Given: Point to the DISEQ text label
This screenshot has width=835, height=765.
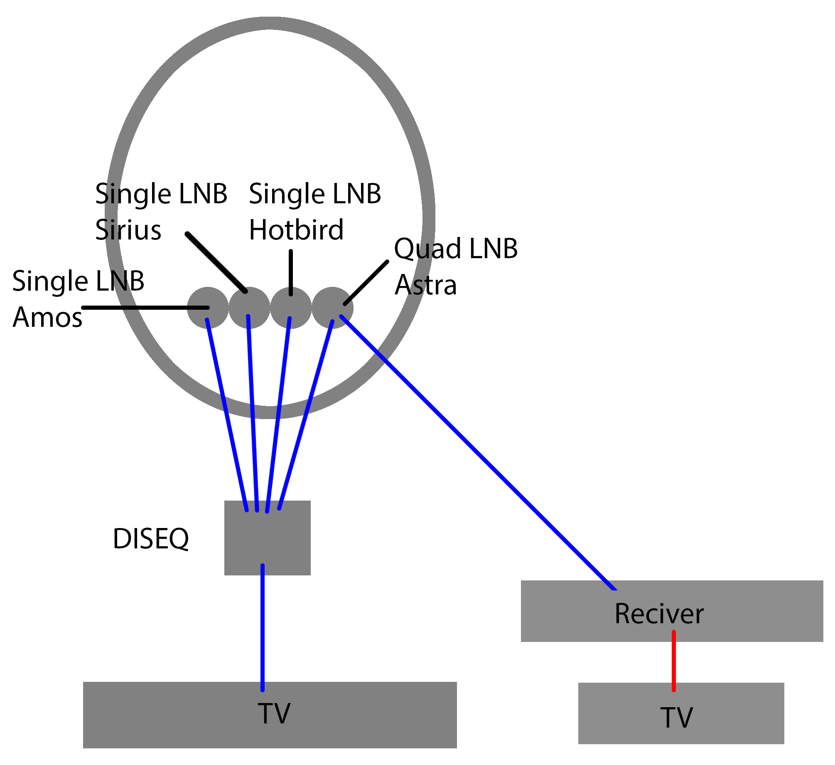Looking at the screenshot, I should (x=151, y=539).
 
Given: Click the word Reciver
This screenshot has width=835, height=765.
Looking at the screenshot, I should (x=659, y=614).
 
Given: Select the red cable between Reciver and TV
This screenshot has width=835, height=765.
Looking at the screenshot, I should (x=673, y=661).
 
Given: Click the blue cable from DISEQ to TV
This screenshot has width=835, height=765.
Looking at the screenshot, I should (x=263, y=628).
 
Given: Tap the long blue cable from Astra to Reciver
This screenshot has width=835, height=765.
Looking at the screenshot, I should (x=478, y=452).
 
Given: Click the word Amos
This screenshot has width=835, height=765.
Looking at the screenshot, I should (x=47, y=318).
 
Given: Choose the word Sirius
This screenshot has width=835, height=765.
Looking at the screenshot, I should (x=128, y=229).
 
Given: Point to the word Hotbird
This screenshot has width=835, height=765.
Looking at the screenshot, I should (x=296, y=229).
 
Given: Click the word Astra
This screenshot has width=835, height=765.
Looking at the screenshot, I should (x=426, y=285).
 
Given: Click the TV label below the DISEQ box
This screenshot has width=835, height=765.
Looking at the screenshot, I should (x=274, y=713).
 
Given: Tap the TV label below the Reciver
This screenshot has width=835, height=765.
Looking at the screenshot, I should (x=676, y=718).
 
